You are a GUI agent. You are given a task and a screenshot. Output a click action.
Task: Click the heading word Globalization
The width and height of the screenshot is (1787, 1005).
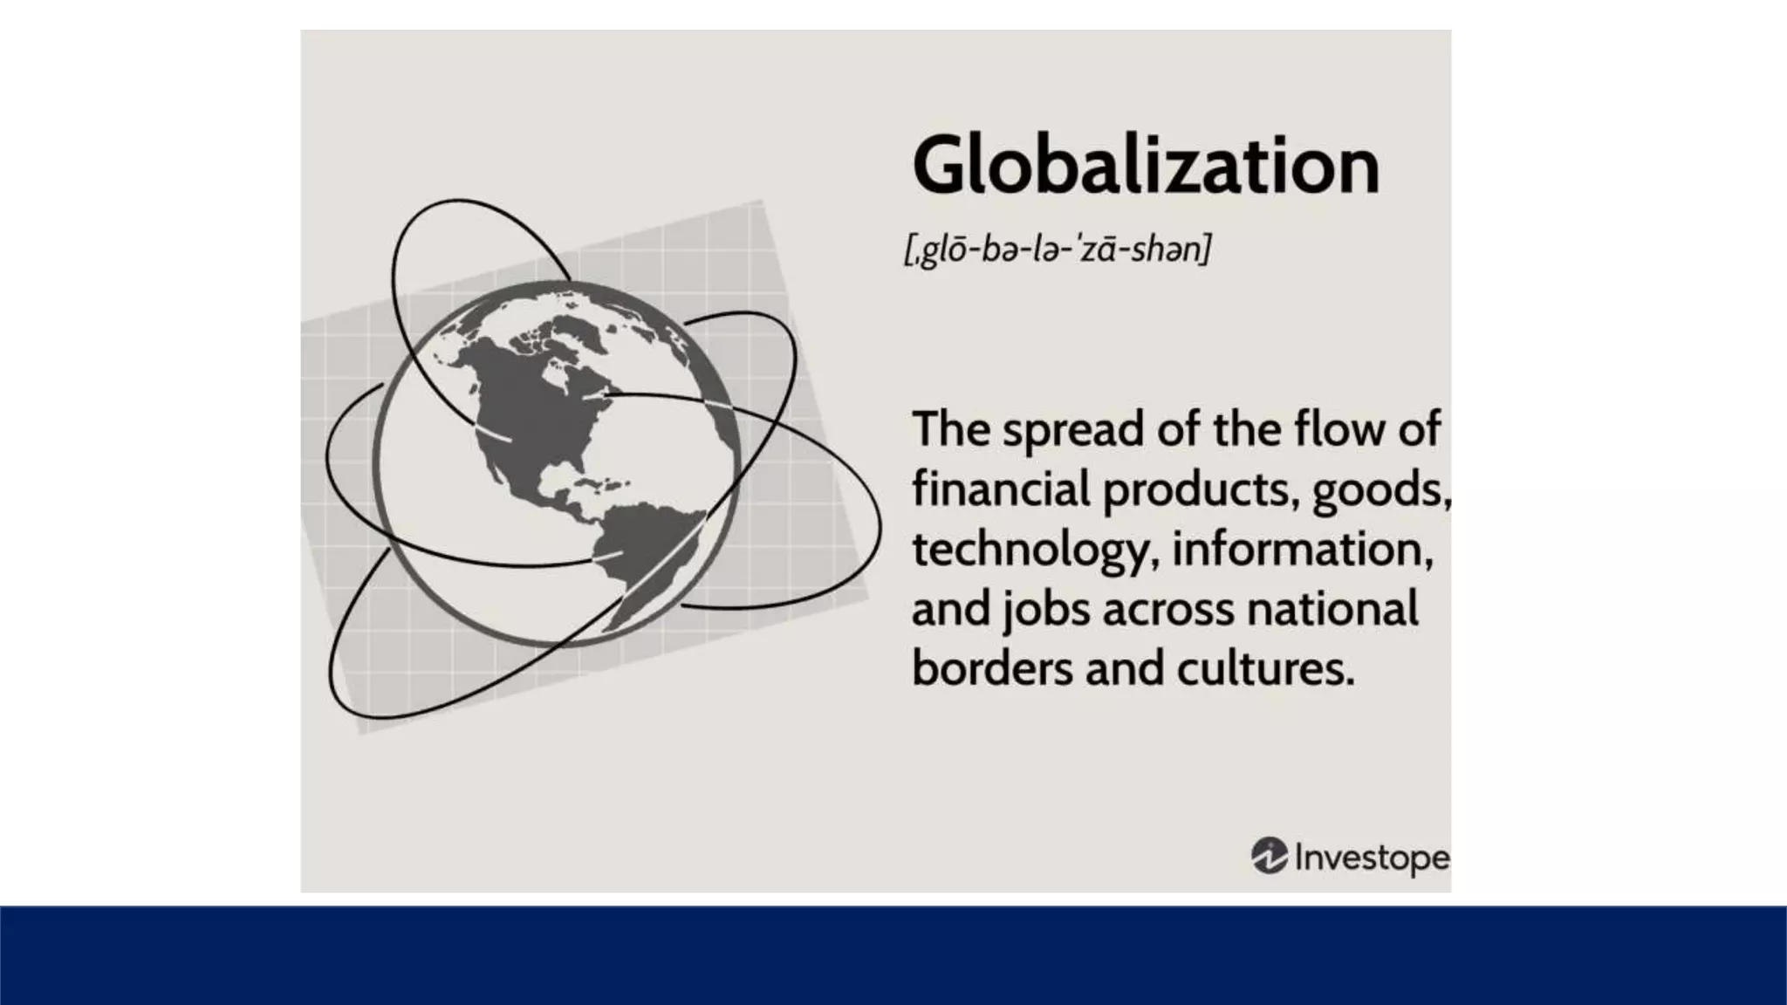pos(1145,166)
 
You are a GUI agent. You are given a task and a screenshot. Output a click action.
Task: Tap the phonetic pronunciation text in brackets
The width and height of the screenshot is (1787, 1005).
pos(1058,250)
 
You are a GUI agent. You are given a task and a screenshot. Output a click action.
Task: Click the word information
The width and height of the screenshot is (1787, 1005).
pos(1302,550)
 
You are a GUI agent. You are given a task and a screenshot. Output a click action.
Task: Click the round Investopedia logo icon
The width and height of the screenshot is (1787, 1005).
pos(1270,856)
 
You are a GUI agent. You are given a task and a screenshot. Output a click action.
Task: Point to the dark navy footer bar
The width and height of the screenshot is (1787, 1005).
pos(893,955)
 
